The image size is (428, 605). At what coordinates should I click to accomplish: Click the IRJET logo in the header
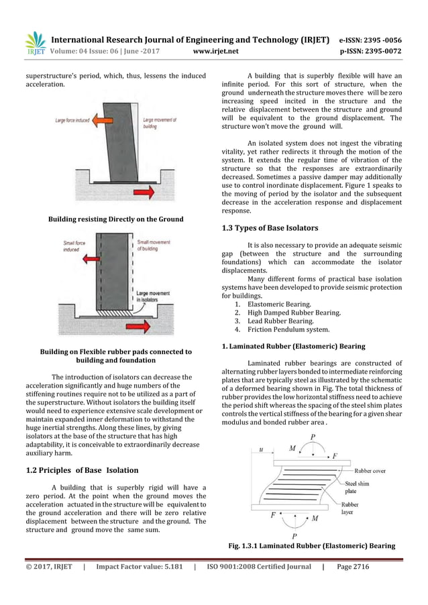point(36,43)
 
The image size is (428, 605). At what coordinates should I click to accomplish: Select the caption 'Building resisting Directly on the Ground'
point(115,219)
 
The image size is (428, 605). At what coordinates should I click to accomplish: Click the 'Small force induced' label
point(74,245)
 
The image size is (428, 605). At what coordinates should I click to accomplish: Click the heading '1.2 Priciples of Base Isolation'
point(80,469)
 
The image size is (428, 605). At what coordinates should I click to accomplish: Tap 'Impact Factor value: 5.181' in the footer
point(138,567)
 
